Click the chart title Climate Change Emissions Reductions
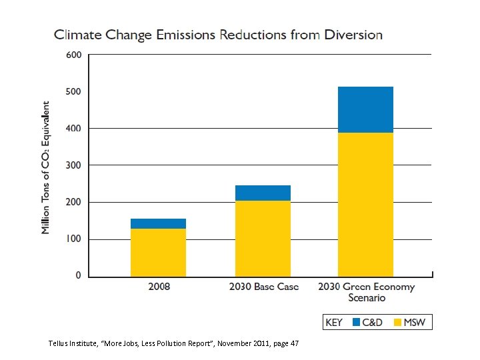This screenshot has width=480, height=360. [218, 35]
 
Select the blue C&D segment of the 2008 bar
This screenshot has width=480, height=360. [158, 223]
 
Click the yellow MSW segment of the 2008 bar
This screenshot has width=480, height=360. [158, 252]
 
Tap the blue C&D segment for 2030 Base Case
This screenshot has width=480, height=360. [262, 193]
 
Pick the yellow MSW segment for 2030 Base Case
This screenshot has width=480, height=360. [262, 238]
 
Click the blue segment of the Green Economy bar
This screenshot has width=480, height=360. [365, 109]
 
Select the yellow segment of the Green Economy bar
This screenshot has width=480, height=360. [365, 204]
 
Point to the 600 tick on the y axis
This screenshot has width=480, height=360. [73, 55]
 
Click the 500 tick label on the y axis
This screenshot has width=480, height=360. [73, 91]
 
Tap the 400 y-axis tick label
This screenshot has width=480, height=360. [73, 128]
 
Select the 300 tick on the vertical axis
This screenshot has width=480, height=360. [73, 165]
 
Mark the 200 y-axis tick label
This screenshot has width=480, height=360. [73, 202]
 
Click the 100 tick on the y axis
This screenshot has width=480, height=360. [73, 239]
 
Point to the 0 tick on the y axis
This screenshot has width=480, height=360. [78, 275]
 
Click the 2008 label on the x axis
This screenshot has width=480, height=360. [158, 287]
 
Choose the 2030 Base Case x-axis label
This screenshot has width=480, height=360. [264, 287]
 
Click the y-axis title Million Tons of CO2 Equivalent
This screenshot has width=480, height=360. [46, 167]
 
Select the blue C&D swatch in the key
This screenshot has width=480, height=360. [357, 323]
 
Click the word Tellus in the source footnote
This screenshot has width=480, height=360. [60, 343]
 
